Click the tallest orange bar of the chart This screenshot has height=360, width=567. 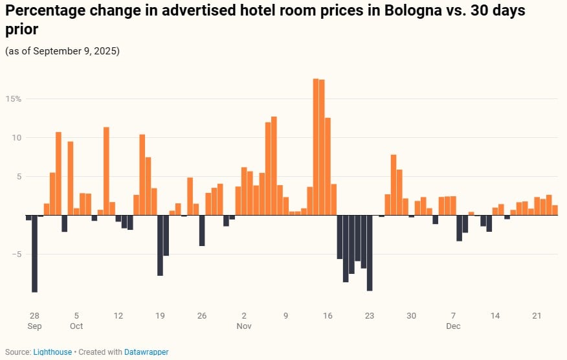(316, 146)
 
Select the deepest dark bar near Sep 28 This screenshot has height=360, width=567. (35, 253)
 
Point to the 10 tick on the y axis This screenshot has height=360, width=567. (17, 138)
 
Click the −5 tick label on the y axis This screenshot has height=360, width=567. (16, 254)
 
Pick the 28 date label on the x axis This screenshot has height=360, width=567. (34, 316)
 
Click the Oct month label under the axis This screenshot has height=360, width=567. (76, 326)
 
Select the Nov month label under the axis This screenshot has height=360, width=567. (244, 326)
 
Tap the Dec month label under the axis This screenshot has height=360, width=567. (453, 326)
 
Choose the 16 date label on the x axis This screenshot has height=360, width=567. (328, 316)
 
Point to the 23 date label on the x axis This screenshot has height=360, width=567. (370, 316)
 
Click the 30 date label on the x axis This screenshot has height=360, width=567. (412, 316)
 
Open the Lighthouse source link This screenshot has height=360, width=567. (52, 352)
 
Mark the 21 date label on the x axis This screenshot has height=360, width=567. (537, 316)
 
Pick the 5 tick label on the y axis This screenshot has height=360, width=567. (19, 177)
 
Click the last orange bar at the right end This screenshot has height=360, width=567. (555, 210)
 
